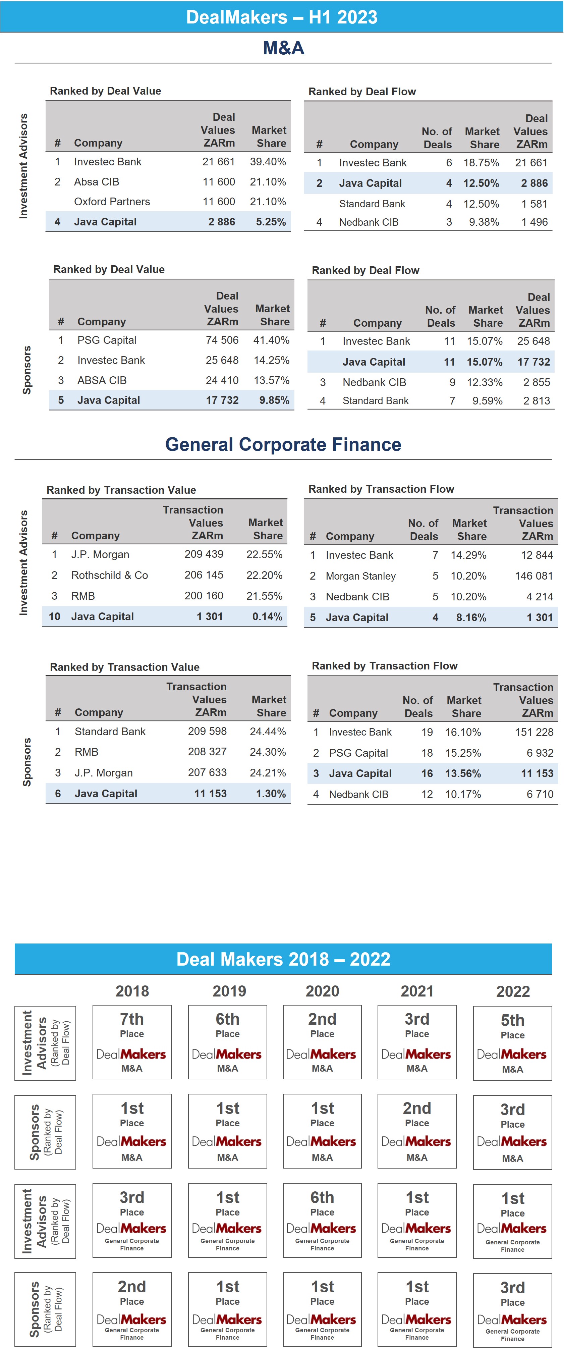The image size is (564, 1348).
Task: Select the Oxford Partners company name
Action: [112, 202]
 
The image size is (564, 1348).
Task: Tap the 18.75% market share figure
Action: [481, 163]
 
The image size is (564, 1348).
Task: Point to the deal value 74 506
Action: [222, 340]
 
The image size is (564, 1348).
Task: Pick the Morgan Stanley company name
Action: [360, 576]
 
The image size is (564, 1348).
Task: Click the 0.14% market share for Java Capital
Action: [267, 616]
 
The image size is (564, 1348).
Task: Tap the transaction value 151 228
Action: [534, 732]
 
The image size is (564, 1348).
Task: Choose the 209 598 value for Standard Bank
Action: [207, 731]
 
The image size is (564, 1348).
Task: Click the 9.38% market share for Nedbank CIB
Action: [484, 222]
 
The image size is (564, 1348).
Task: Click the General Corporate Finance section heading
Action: [283, 444]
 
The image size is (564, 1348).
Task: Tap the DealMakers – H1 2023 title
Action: [282, 17]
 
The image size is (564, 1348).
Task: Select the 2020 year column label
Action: [322, 991]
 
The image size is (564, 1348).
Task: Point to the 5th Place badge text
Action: [513, 1026]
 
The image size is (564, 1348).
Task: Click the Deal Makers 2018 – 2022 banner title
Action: [283, 959]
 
